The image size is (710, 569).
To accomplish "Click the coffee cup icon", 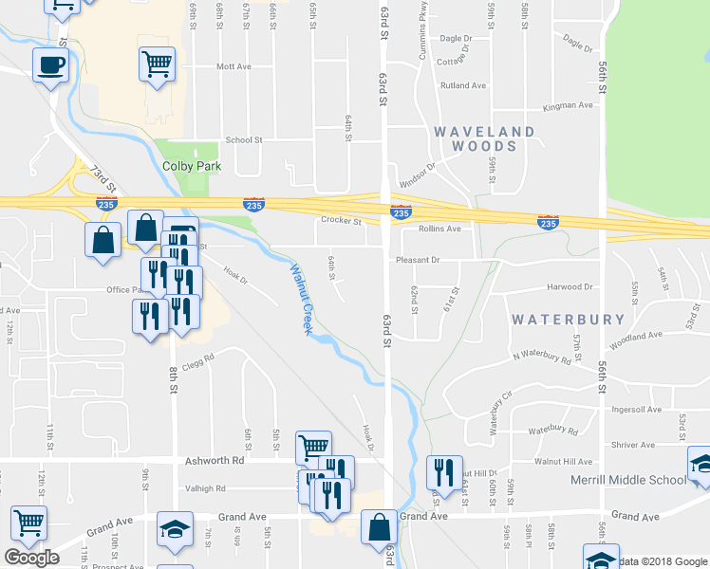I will tap(51, 65).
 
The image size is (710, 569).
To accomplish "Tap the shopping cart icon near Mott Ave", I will tap(158, 64).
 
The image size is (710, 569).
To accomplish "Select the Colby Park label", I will tap(191, 166).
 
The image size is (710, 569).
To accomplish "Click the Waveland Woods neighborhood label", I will tap(485, 138).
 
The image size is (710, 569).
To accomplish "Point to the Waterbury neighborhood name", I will tap(569, 320).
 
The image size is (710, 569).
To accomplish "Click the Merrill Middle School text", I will tap(628, 480).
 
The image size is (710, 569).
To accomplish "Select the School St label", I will tap(244, 139).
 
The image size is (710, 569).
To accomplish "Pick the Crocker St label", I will tap(343, 221).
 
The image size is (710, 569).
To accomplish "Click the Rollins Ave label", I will tap(439, 229).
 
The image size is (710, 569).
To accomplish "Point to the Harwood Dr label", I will tap(569, 286).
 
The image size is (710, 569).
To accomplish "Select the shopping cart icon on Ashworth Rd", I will tap(313, 446).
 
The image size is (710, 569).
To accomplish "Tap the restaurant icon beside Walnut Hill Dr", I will tap(443, 471).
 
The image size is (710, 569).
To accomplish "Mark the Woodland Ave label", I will tap(636, 336).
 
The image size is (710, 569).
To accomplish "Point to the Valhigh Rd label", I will tap(207, 488).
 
